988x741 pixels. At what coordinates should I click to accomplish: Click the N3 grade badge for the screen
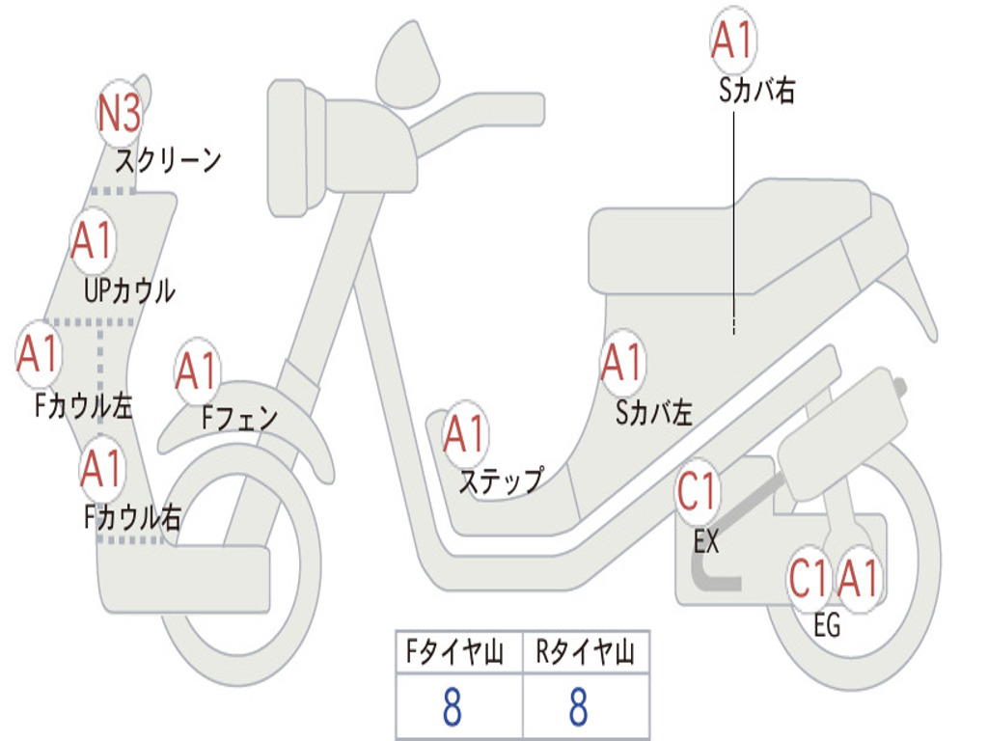[120, 114]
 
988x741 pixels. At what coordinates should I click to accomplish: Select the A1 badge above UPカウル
[93, 241]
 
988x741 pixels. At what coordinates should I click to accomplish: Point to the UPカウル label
[129, 290]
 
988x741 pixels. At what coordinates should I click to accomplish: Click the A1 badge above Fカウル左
[39, 354]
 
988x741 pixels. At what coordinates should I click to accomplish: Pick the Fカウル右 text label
[132, 518]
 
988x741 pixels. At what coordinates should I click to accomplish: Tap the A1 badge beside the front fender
[198, 372]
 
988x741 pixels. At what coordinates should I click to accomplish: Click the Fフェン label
[239, 419]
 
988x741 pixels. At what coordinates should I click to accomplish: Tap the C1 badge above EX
[698, 492]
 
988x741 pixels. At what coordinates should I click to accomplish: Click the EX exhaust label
[706, 542]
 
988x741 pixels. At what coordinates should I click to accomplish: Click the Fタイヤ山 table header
[458, 653]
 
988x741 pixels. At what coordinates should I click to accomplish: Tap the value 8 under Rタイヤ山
[579, 707]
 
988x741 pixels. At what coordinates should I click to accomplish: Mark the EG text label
[827, 626]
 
